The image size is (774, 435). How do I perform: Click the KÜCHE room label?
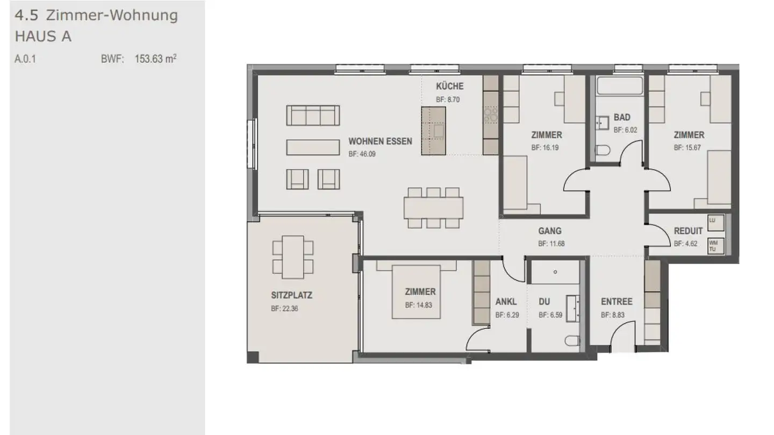point(449,86)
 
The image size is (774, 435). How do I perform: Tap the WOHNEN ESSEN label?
point(380,141)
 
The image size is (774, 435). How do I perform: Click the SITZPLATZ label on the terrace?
point(291,295)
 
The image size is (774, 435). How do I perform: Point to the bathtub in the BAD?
point(620,85)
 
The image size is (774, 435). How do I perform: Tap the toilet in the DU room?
point(572,340)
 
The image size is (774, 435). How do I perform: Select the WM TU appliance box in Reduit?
point(713,245)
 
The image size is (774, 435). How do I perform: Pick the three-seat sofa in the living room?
point(313,115)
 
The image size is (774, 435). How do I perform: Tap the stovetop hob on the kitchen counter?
point(491,113)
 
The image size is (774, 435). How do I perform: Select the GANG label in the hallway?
point(550,231)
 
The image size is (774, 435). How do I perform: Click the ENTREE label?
point(617,301)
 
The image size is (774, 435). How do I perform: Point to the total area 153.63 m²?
point(155,59)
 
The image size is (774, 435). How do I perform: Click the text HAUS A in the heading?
point(43,37)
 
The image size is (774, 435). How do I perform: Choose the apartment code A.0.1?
point(25,59)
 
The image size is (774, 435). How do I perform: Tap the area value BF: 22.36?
point(284,308)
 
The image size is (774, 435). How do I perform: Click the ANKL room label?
point(506,302)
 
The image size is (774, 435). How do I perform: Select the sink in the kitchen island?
point(439,130)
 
